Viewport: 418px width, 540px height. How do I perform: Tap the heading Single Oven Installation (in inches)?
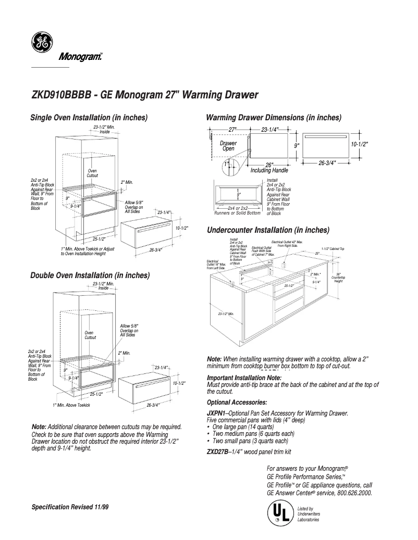(89, 117)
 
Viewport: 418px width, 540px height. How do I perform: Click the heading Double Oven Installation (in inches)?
(90, 275)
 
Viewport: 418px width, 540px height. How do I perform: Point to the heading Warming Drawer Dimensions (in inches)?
(274, 118)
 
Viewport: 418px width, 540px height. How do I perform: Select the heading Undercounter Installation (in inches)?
(268, 230)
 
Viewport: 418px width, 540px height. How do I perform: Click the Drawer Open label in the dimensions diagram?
(228, 146)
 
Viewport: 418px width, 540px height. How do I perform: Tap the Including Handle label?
(269, 170)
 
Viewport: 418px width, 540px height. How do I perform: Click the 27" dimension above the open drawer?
(232, 129)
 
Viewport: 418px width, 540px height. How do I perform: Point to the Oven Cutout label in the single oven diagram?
(92, 173)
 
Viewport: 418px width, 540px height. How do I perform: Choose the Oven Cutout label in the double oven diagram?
(90, 335)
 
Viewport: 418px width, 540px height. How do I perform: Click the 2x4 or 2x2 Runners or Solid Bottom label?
(238, 210)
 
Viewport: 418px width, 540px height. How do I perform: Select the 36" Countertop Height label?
(338, 278)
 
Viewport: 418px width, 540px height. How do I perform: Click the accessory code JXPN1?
(216, 413)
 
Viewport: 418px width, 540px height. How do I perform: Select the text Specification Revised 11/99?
(70, 507)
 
